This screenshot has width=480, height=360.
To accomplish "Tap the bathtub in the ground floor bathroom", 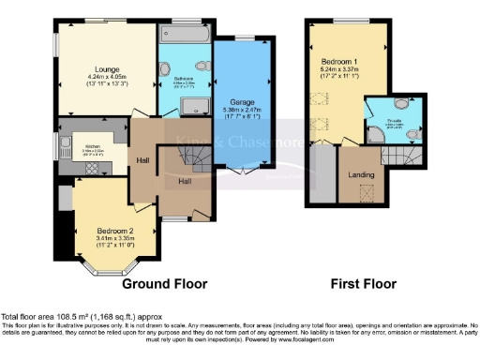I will (186, 35).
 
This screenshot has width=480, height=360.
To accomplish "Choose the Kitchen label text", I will (93, 146).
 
